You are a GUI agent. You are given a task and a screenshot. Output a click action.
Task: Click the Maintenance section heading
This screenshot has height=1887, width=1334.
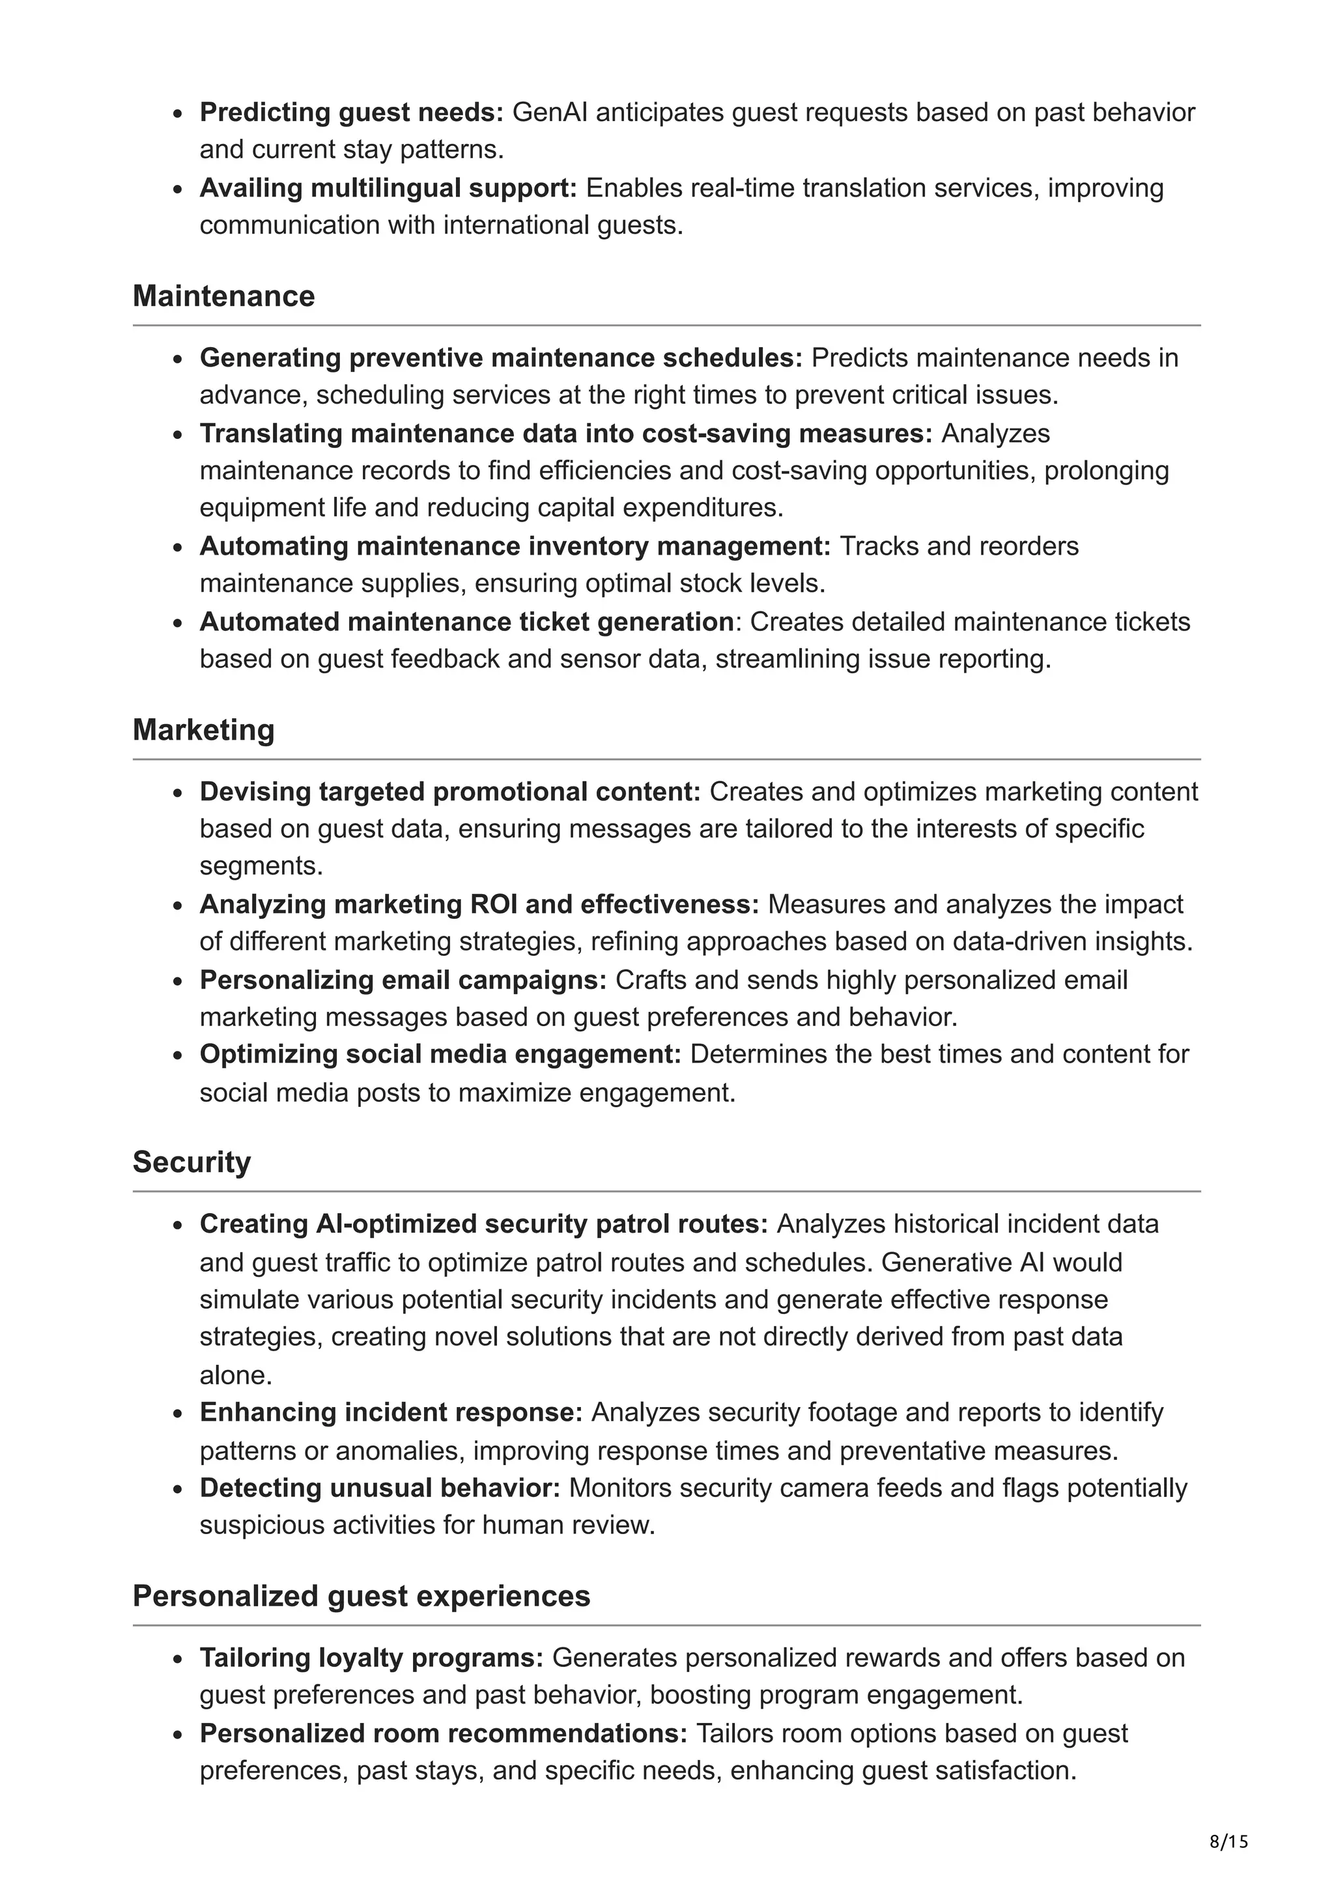click(x=223, y=296)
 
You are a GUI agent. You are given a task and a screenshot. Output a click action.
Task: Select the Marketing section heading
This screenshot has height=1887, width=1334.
click(x=203, y=730)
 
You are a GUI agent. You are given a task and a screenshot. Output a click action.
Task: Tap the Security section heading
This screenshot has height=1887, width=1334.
click(x=192, y=1162)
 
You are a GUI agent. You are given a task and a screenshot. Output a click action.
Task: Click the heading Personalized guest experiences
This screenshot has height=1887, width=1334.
click(x=361, y=1596)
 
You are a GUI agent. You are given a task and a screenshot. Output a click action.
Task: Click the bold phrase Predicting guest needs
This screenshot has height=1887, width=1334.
click(x=351, y=112)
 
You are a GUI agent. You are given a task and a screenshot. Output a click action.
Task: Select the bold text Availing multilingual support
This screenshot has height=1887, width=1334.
click(x=388, y=188)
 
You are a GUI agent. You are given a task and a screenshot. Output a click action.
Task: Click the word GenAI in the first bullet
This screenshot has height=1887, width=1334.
click(x=549, y=112)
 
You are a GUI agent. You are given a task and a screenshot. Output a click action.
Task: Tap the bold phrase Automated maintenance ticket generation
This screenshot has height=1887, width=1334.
click(x=466, y=621)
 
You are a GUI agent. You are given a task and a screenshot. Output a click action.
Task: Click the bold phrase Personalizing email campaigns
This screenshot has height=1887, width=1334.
click(x=403, y=980)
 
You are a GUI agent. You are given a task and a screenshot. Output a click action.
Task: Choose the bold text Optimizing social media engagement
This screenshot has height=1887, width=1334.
click(x=440, y=1054)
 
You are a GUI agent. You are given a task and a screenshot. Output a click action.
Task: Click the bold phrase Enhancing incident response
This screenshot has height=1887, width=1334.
click(x=390, y=1412)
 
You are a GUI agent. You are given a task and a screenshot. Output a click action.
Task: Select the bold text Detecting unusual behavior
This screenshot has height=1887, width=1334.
click(x=380, y=1488)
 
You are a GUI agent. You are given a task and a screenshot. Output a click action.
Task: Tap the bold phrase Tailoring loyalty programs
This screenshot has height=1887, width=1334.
click(x=371, y=1658)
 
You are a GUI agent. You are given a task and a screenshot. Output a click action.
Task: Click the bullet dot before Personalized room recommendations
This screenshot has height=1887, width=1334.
click(x=178, y=1734)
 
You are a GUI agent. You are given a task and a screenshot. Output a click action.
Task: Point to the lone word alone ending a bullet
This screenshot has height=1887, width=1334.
click(x=235, y=1375)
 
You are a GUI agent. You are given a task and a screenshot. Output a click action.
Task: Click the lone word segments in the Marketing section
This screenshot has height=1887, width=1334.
click(x=261, y=865)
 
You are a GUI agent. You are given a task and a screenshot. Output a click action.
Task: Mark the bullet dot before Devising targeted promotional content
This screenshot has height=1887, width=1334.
click(x=178, y=793)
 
